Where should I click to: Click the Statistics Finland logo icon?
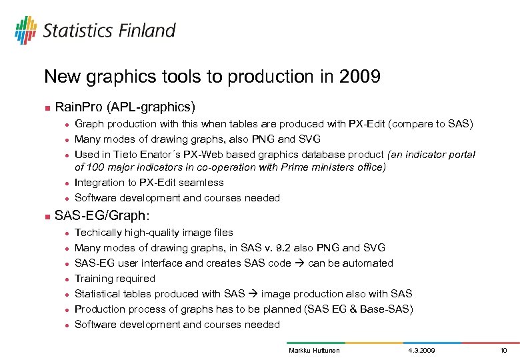coord(26,30)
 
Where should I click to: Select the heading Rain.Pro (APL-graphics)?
coord(125,107)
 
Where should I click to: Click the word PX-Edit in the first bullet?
coord(365,124)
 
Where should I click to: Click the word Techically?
coord(101,233)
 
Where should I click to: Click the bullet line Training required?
coord(115,279)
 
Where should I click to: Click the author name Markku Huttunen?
coord(313,350)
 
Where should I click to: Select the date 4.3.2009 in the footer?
coord(420,350)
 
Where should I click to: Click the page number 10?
coord(503,350)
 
